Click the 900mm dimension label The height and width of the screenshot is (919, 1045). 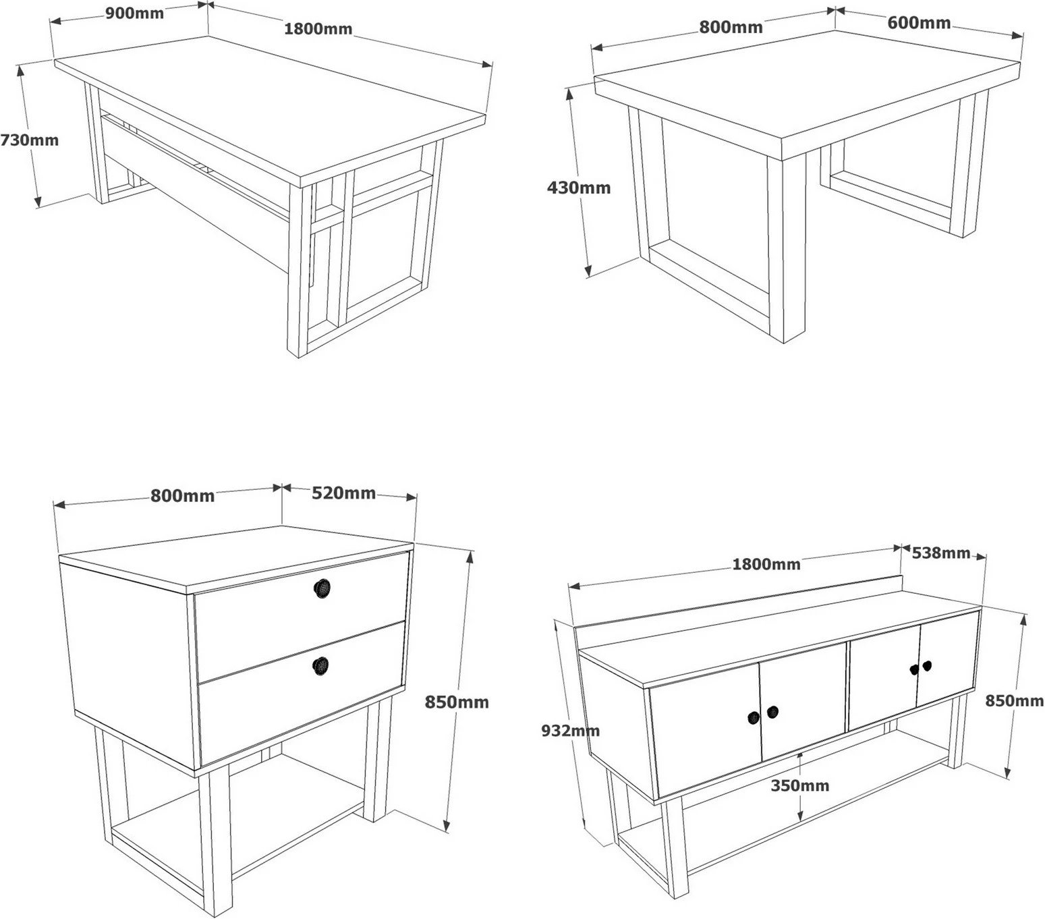pyautogui.click(x=134, y=12)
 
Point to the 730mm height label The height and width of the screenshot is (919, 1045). pyautogui.click(x=29, y=140)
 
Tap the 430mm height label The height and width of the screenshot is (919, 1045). pyautogui.click(x=578, y=187)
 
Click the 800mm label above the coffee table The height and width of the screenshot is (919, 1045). pyautogui.click(x=731, y=27)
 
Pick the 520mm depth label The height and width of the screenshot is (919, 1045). pyautogui.click(x=343, y=493)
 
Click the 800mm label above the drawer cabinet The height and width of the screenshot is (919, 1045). pyautogui.click(x=182, y=495)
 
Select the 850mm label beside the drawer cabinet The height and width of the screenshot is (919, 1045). pyautogui.click(x=457, y=702)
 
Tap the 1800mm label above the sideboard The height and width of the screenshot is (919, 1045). pyautogui.click(x=766, y=564)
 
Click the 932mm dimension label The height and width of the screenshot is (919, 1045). pyautogui.click(x=570, y=730)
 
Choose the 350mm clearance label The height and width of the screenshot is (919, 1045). pyautogui.click(x=799, y=785)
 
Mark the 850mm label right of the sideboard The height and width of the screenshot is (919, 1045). pyautogui.click(x=1015, y=701)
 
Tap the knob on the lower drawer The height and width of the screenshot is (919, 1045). pyautogui.click(x=322, y=666)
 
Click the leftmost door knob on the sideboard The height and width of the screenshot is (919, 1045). pyautogui.click(x=753, y=717)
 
